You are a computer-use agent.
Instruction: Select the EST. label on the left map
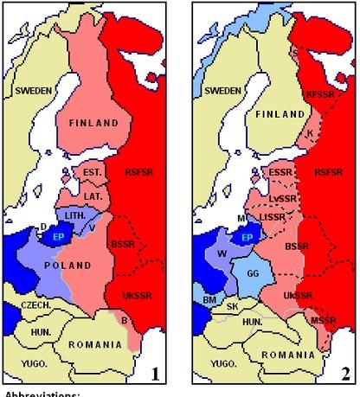[93, 173]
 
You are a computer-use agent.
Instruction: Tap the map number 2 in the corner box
[344, 374]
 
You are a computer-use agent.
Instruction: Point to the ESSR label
[280, 172]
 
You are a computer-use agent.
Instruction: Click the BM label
[209, 298]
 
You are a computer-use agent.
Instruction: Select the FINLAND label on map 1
[87, 124]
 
